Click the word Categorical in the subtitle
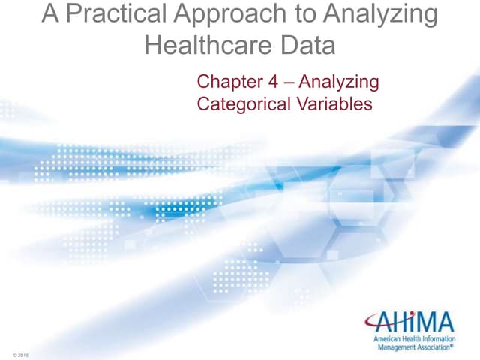[x=240, y=103]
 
